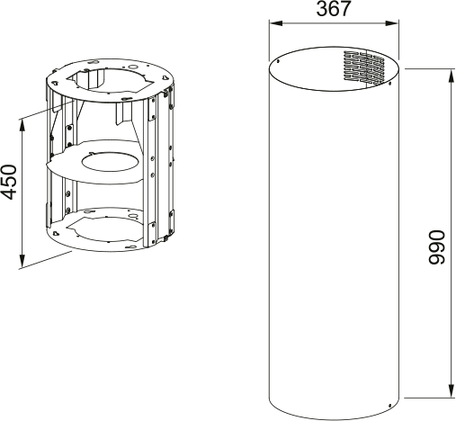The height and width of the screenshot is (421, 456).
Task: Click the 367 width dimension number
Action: coord(334,10)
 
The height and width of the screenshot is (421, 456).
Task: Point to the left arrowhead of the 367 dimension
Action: coord(273,24)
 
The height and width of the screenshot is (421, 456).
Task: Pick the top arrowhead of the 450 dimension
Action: coord(21,120)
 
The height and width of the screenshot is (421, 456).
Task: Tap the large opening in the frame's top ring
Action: coord(106,80)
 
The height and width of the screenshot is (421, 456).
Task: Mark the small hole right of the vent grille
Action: coord(389,78)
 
